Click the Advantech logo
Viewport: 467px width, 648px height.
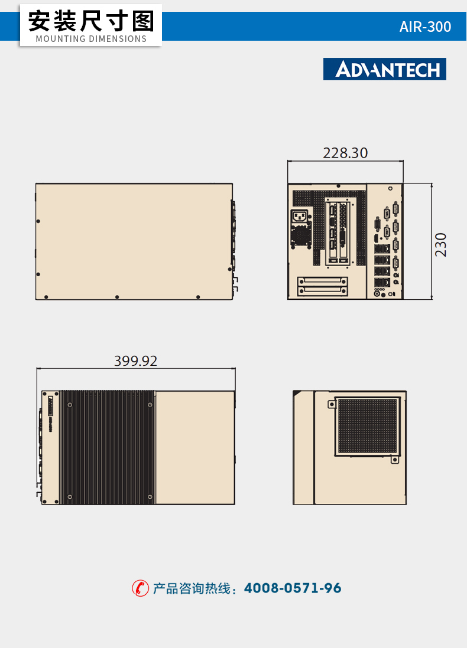[x=385, y=69]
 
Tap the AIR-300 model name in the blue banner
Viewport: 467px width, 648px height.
[x=425, y=27]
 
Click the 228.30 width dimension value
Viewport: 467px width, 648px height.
[x=345, y=153]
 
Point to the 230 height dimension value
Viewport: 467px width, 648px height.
[x=441, y=245]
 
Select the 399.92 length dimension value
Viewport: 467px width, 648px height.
[x=136, y=361]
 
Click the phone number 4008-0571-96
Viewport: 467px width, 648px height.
[x=293, y=588]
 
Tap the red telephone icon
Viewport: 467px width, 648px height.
[x=140, y=588]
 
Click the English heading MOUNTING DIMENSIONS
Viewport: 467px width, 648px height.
[x=91, y=39]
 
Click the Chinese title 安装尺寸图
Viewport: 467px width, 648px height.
[x=91, y=21]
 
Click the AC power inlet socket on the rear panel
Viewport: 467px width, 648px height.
[x=299, y=216]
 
